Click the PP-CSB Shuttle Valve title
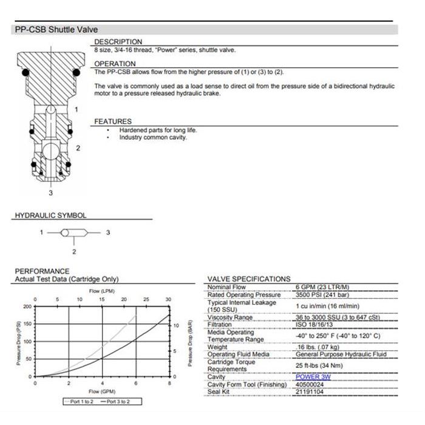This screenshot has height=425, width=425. [x=56, y=29]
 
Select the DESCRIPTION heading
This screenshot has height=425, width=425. [x=118, y=42]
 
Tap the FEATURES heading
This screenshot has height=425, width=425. [x=112, y=121]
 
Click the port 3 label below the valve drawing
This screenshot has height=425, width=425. [x=51, y=194]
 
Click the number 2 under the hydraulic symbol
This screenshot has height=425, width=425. [x=74, y=251]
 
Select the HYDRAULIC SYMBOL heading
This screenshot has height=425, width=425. [x=50, y=216]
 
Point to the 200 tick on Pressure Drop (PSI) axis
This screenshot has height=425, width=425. [x=27, y=307]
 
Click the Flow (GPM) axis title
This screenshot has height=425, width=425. [x=101, y=391]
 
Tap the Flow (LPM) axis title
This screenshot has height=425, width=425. [x=101, y=291]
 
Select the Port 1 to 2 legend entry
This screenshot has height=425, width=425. [x=80, y=401]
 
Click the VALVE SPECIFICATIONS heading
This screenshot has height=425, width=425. [x=248, y=279]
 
